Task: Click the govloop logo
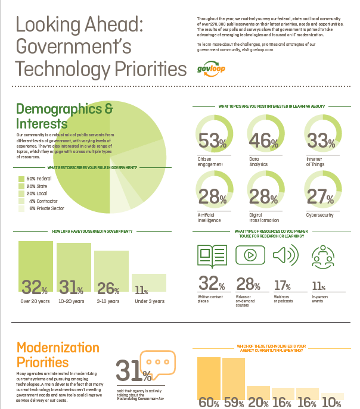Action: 212,69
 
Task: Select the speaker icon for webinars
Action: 285,255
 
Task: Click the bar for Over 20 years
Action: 36,268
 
